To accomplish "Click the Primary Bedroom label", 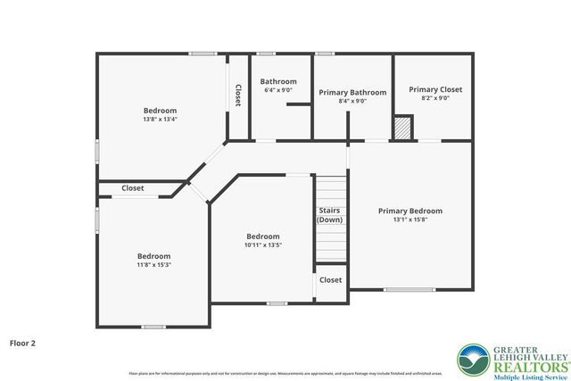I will pos(410,211).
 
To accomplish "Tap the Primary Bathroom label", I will pos(352,92).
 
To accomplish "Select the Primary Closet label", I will pos(434,89).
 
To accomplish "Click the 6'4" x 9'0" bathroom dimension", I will pos(278,90).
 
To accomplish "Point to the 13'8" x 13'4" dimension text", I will pos(160,119).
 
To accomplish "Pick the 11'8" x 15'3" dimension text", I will pos(153,264).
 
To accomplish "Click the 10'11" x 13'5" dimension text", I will pos(263,244).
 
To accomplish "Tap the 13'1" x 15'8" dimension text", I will pos(410,221).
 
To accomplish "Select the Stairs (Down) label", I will pos(329,215).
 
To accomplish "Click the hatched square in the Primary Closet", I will pos(404,128).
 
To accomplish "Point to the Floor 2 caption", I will pos(22,342).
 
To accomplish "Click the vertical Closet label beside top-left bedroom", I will pos(237,95).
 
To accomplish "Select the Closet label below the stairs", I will pos(330,279).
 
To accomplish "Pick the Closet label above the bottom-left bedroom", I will pos(133,188).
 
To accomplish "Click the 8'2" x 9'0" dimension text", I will pos(434,99).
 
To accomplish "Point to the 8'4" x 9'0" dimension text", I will pos(352,102).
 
